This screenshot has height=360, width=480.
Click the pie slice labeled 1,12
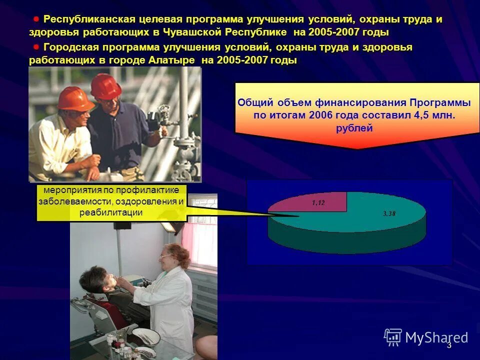tap(318, 202)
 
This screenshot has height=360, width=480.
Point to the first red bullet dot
tap(36, 19)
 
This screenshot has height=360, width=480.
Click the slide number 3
tap(449, 345)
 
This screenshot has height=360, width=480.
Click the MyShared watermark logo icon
tap(393, 337)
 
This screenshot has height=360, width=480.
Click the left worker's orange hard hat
tap(74, 97)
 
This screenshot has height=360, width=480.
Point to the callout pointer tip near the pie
tap(298, 216)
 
